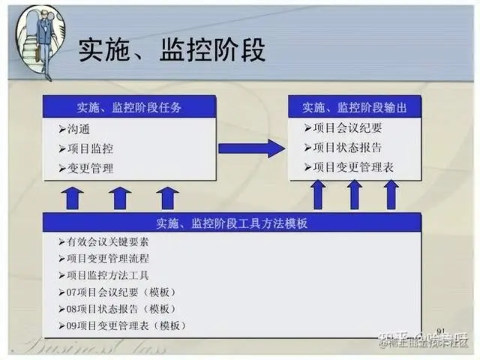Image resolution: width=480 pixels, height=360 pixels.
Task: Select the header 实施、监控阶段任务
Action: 130,107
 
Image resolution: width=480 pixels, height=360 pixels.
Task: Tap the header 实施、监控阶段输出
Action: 355,107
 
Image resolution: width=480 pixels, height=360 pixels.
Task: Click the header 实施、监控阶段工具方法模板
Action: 232,223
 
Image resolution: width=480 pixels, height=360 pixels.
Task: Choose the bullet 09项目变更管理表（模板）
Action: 126,326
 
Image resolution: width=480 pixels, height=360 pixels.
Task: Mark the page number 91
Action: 440,331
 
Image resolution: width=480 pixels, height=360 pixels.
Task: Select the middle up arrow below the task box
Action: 119,198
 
